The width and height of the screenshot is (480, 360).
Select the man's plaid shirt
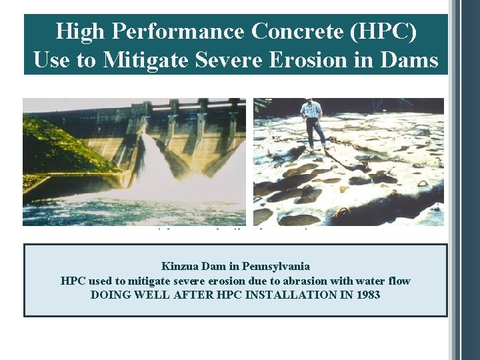(x=311, y=113)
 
